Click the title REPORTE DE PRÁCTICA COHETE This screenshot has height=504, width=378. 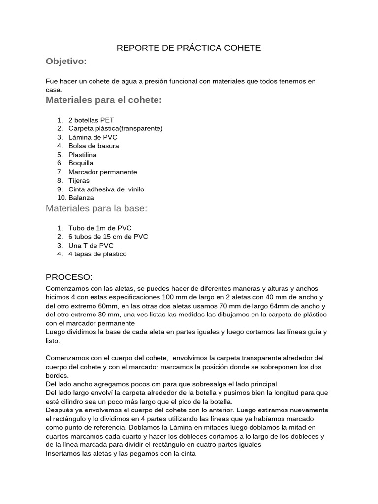189,48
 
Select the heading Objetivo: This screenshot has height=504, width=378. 66,61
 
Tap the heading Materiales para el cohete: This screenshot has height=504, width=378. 103,100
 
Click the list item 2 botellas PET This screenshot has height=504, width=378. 91,120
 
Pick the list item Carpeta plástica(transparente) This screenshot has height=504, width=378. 115,128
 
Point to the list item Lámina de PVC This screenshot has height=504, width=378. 93,137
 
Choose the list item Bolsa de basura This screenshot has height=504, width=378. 94,146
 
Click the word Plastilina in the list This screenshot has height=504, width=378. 82,155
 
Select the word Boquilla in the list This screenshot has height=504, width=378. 81,163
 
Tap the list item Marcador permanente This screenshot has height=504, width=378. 102,172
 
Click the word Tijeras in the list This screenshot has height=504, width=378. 79,180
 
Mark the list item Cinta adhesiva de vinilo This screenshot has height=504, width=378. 106,189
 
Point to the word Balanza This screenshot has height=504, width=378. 81,198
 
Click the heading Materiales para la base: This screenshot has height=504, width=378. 96,208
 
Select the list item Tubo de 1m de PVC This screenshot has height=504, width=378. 100,228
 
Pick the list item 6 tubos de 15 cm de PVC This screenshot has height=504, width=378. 108,237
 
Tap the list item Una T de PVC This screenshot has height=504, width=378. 91,245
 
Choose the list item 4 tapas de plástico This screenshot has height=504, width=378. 97,254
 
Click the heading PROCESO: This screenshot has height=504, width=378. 69,276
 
